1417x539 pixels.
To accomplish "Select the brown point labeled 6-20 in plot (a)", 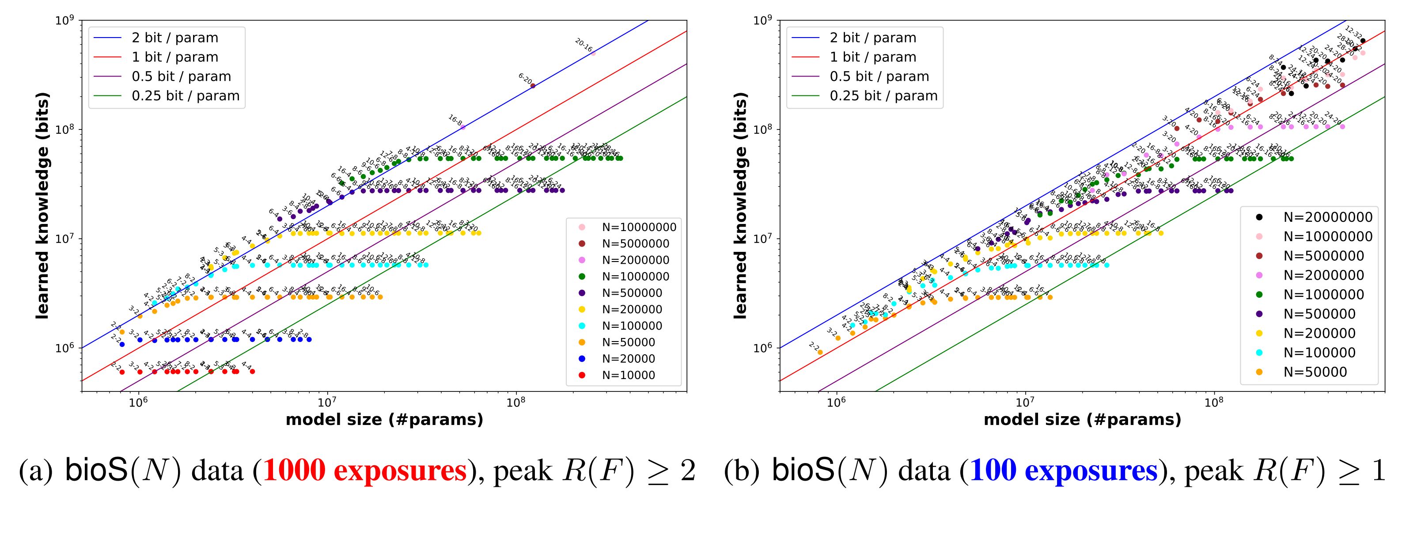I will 532,86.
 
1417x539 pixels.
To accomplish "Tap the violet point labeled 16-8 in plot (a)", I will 463,127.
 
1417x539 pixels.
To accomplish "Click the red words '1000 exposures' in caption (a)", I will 365,471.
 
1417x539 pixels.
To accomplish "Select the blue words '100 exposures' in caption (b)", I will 1063,471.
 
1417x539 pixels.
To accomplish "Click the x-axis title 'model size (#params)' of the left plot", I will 384,420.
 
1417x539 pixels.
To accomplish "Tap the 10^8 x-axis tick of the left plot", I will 516,403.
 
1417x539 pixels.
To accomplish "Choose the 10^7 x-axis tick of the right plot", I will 1025,403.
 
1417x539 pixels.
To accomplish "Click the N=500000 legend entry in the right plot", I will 1310,314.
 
